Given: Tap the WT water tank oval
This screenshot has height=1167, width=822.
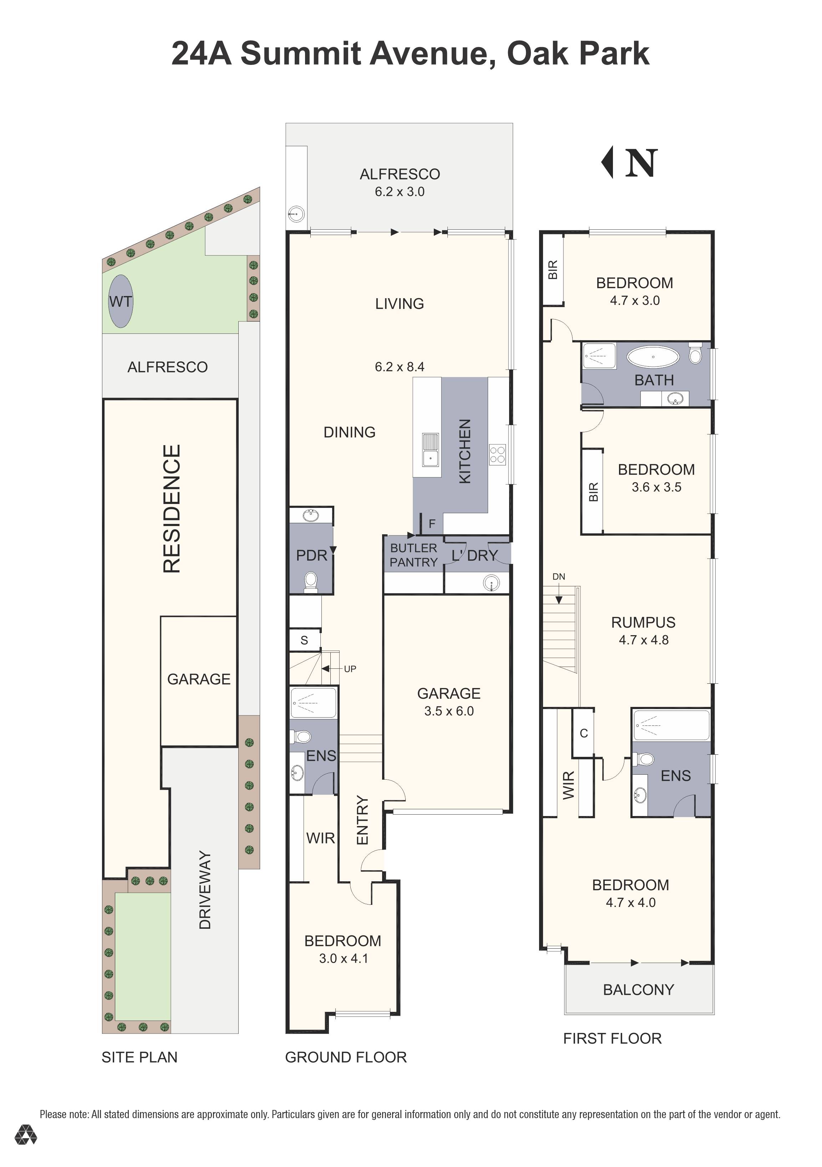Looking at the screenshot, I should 121,301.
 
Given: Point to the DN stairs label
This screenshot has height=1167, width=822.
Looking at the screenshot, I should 559,576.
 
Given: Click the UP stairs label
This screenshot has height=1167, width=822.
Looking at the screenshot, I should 350,669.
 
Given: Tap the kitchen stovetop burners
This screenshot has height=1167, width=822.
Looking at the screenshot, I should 497,454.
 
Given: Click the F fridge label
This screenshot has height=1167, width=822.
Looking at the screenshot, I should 432,524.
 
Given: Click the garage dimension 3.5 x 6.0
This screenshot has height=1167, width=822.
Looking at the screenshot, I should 449,711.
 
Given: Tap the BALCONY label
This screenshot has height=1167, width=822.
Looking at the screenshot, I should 639,990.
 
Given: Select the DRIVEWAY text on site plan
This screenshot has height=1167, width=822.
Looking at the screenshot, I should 205,890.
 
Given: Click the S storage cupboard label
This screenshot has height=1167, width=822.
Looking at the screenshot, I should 304,641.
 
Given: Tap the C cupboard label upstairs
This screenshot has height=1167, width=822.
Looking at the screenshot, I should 584,733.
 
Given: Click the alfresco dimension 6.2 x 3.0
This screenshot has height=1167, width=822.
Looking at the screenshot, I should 400,192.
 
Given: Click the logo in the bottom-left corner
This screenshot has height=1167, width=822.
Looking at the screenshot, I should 25,1149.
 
